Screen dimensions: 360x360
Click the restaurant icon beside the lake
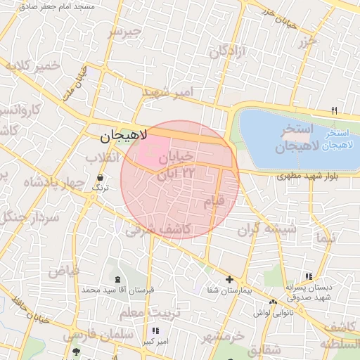pyautogui.click(x=334, y=110)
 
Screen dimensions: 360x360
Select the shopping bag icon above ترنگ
pyautogui.click(x=100, y=177)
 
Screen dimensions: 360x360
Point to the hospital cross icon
pyautogui.click(x=229, y=279)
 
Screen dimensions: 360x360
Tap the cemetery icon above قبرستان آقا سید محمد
pyautogui.click(x=117, y=279)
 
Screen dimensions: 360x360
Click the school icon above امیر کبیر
pyautogui.click(x=155, y=330)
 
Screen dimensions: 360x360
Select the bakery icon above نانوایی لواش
pyautogui.click(x=273, y=302)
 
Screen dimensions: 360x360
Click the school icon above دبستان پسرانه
pyautogui.click(x=307, y=276)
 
